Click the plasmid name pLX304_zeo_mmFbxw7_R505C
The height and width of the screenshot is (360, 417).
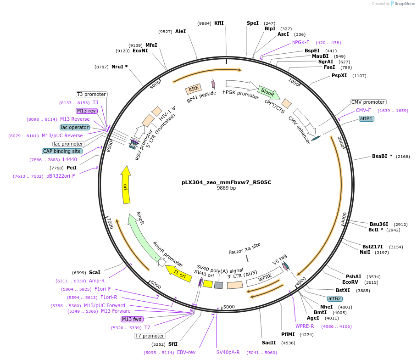coord(226,182)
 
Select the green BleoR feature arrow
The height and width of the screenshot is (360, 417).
coord(268,92)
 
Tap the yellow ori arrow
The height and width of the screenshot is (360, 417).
coord(125,185)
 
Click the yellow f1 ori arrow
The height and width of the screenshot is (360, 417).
coord(178,272)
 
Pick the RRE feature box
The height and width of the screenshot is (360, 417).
coord(194,89)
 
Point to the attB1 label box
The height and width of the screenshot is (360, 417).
coord(366,118)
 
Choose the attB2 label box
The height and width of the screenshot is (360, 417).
coord(335,298)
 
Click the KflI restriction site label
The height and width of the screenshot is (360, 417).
coord(219,23)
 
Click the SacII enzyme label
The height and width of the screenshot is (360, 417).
coord(269,343)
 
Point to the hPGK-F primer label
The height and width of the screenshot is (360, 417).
coord(300,42)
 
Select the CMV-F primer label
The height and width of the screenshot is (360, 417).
coord(363,110)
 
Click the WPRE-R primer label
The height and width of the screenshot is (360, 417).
coord(305,326)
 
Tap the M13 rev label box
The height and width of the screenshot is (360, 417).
coord(87,111)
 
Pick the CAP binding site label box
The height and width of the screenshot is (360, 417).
coord(62,151)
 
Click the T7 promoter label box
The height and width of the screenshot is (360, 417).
coord(150,336)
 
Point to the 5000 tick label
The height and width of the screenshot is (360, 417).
coord(229,307)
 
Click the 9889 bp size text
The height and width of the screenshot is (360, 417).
coord(226,188)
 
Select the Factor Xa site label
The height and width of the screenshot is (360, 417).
coord(244,248)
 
